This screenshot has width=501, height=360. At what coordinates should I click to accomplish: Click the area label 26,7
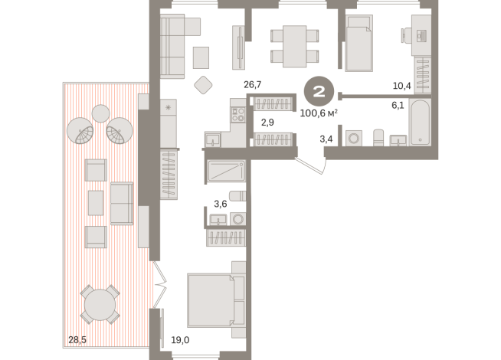253,85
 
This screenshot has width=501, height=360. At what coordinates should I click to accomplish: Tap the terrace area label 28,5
77,340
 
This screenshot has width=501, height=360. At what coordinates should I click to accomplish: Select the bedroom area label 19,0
180,340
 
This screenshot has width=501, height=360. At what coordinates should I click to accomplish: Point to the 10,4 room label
401,86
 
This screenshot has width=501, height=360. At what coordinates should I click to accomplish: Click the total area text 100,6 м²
319,113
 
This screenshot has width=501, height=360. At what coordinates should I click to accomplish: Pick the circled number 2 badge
319,92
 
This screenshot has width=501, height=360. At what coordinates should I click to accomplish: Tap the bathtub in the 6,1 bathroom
420,123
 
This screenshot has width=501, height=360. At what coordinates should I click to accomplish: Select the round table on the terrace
100,305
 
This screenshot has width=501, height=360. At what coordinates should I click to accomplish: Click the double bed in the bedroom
216,300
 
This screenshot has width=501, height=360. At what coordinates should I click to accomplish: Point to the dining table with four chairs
295,46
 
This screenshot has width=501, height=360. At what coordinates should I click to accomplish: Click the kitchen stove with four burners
238,115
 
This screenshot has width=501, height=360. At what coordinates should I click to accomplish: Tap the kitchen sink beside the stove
212,140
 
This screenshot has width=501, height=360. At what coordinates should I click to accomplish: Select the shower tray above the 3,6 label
226,172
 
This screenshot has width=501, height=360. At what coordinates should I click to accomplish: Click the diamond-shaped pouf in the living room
203,85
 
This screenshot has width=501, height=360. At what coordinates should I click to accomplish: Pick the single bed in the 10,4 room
359,43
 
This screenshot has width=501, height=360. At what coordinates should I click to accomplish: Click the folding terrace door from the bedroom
160,284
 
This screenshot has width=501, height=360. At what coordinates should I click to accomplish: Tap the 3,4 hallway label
326,139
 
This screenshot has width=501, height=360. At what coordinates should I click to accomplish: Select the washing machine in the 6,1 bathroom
354,138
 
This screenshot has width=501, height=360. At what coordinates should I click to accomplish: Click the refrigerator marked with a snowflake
168,123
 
